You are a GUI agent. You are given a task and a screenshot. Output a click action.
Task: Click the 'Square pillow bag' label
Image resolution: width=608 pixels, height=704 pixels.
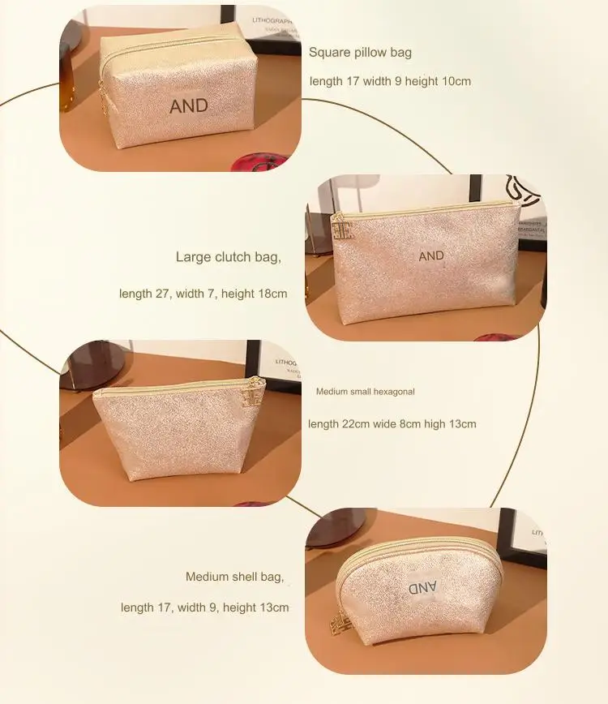(360, 53)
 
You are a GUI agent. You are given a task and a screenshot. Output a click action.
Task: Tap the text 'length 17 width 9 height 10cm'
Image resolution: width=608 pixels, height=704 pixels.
(390, 81)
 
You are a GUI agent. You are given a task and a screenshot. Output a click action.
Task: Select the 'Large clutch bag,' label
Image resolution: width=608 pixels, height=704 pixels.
(229, 258)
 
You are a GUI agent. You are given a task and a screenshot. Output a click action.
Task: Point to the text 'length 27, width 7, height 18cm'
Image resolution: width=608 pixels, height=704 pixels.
(203, 294)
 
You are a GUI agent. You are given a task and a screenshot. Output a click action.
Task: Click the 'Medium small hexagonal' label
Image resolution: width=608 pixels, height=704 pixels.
(365, 392)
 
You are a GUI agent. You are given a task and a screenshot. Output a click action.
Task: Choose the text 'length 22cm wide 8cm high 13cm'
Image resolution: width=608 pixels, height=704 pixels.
(392, 424)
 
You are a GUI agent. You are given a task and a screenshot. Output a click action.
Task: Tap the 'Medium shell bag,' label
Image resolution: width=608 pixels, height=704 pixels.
(235, 577)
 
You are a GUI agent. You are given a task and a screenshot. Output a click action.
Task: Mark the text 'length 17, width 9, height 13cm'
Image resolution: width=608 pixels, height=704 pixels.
(204, 607)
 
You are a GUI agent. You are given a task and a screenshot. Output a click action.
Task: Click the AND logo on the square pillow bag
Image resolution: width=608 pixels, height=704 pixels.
(189, 105)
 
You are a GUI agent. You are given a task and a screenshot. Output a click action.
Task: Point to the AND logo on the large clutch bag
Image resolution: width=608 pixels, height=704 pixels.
(431, 256)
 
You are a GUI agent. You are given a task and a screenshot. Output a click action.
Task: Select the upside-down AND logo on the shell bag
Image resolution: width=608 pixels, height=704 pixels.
(422, 586)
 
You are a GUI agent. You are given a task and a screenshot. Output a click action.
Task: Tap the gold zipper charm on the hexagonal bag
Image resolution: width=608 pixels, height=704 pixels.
(254, 395)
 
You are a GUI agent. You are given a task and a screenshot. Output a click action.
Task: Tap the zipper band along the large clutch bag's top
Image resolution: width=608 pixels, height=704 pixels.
(430, 210)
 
